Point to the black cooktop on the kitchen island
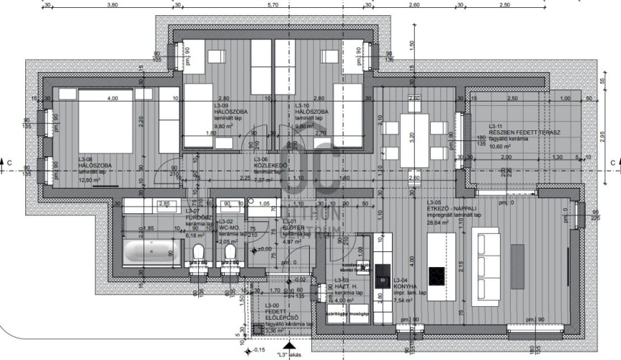pos(437,275)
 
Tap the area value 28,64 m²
pos(437,223)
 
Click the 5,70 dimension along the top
pos(272,4)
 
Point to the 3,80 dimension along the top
pos(112,4)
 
